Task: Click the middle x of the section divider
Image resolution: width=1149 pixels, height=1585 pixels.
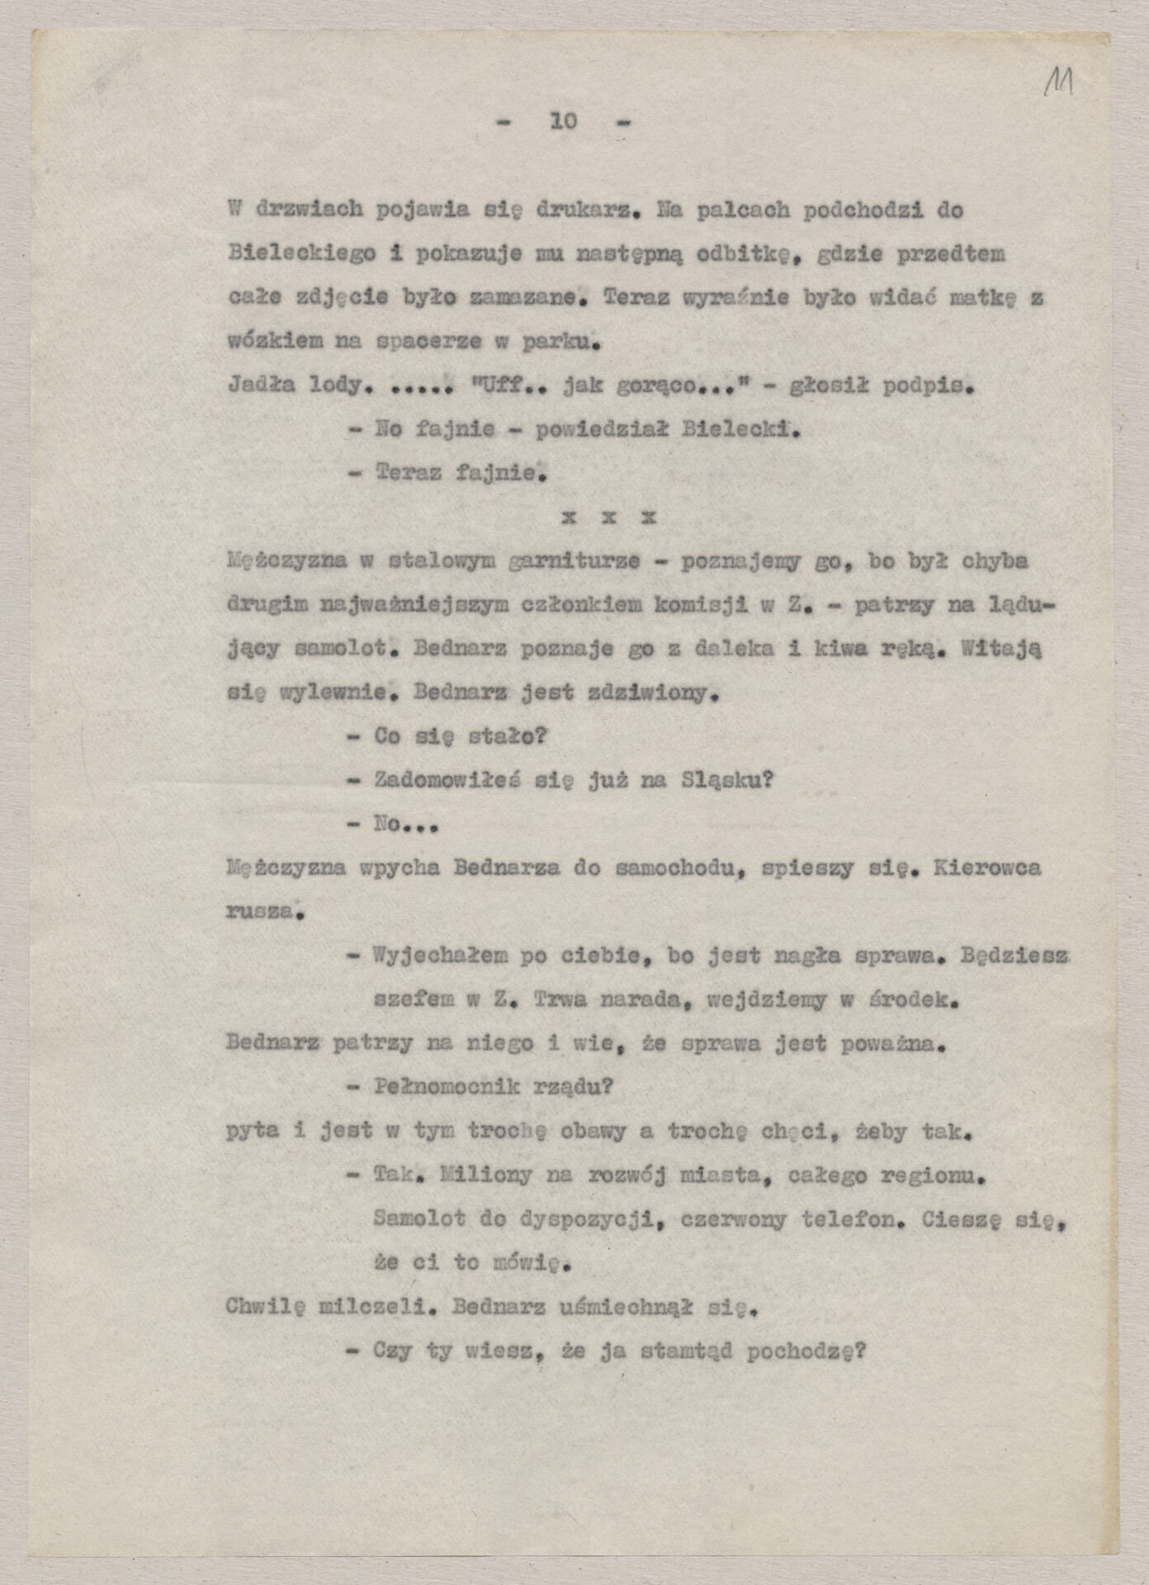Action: pos(608,518)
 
